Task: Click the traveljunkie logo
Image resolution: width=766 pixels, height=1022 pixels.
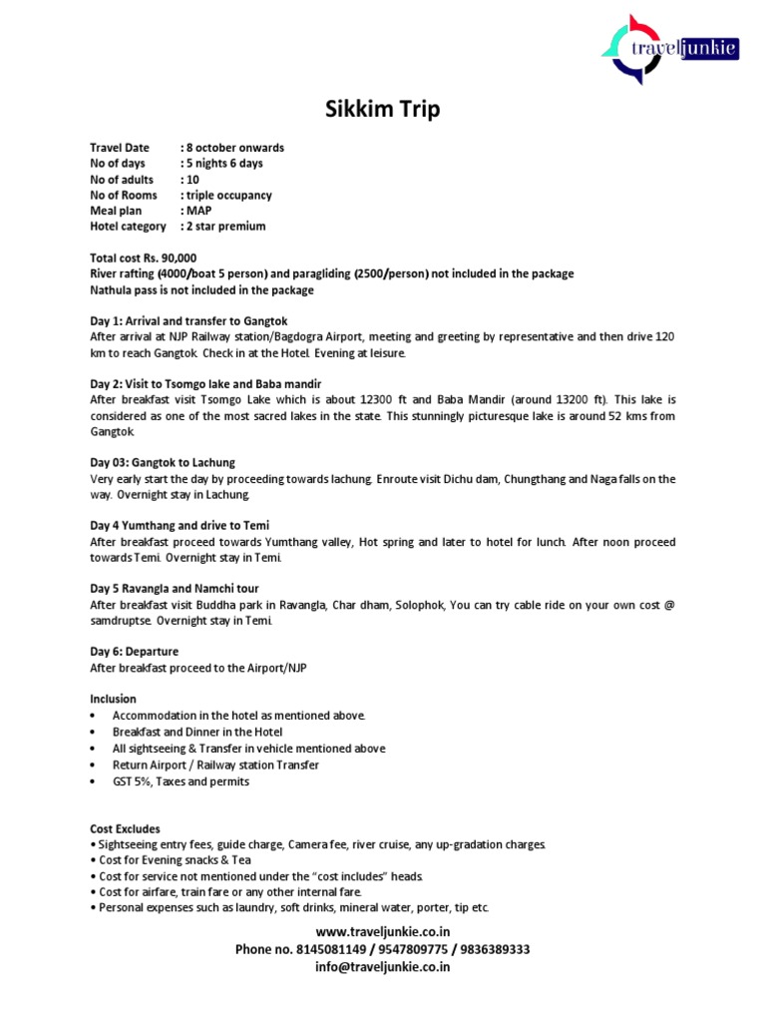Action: (669, 48)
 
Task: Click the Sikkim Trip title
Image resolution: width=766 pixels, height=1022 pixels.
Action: (382, 110)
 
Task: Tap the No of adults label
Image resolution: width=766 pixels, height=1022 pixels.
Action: (122, 180)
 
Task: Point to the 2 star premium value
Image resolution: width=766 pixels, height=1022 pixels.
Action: (225, 227)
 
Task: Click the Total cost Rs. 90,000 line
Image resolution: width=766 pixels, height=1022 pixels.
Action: (144, 258)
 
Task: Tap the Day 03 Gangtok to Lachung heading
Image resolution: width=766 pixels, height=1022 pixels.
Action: (163, 463)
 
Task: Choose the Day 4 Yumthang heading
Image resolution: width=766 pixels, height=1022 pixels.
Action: (180, 526)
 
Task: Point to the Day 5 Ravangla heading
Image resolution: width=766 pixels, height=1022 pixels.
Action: (175, 589)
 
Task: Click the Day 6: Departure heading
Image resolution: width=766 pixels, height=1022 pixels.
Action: (135, 652)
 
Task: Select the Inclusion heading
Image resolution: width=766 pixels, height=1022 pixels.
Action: (113, 699)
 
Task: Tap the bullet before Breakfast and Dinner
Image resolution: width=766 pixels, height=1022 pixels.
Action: (93, 732)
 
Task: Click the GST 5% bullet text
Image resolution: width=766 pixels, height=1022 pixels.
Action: (181, 781)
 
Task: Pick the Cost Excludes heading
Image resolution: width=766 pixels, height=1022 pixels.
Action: (125, 829)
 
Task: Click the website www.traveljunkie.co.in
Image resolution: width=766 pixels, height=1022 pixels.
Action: (382, 932)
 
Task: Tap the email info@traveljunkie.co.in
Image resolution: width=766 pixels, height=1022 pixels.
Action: (382, 966)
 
